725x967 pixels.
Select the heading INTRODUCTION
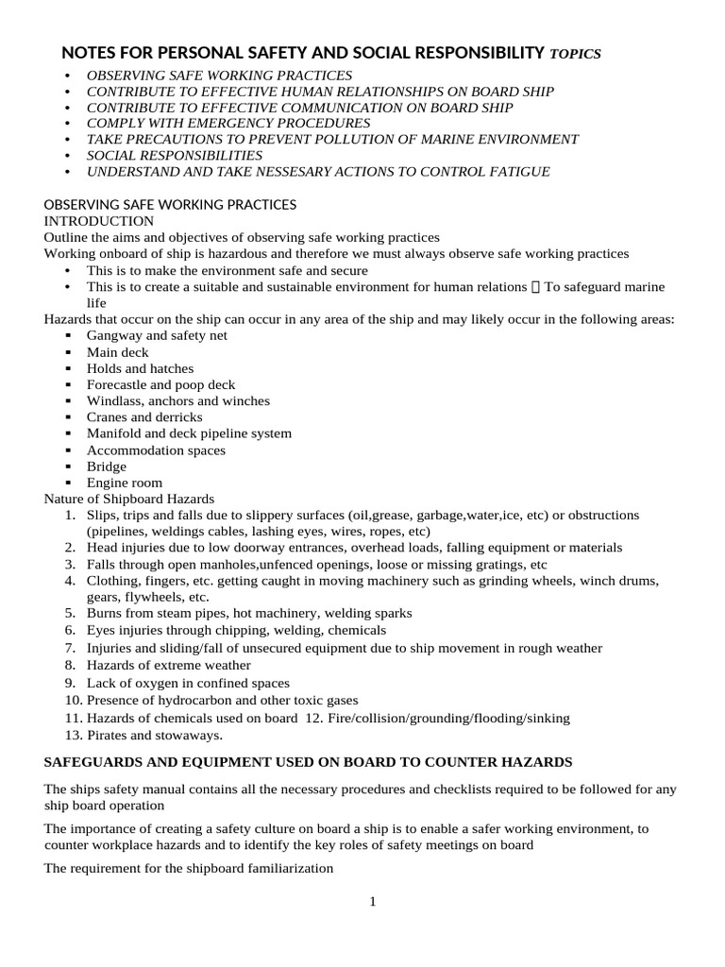click(x=99, y=221)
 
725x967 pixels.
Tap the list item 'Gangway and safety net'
click(x=157, y=335)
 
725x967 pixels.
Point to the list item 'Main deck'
click(x=118, y=352)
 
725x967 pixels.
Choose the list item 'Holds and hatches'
click(x=140, y=368)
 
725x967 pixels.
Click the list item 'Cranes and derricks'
click(x=144, y=417)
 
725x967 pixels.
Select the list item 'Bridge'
click(x=106, y=467)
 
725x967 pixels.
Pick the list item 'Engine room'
click(x=125, y=483)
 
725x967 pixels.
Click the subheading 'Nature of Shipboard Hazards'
click(x=129, y=499)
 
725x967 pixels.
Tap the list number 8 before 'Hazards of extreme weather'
click(x=70, y=665)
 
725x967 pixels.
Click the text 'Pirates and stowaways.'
click(x=155, y=735)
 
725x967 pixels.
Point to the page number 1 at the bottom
click(x=373, y=902)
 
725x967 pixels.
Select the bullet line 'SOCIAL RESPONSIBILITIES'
click(x=175, y=155)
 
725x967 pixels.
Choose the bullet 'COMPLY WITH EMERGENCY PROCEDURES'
click(x=228, y=123)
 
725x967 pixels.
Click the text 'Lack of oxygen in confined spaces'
click(x=188, y=683)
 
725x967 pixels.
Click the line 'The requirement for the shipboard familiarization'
click(x=189, y=868)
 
